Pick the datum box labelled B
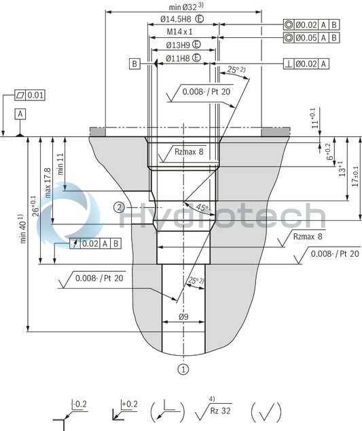point(135,64)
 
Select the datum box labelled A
point(22,114)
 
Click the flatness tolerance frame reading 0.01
point(30,95)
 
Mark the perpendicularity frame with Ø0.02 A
point(306,64)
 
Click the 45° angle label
point(202,207)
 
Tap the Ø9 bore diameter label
point(183,317)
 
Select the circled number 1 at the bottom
point(183,369)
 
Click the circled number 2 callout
point(119,207)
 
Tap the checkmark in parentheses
point(266,411)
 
